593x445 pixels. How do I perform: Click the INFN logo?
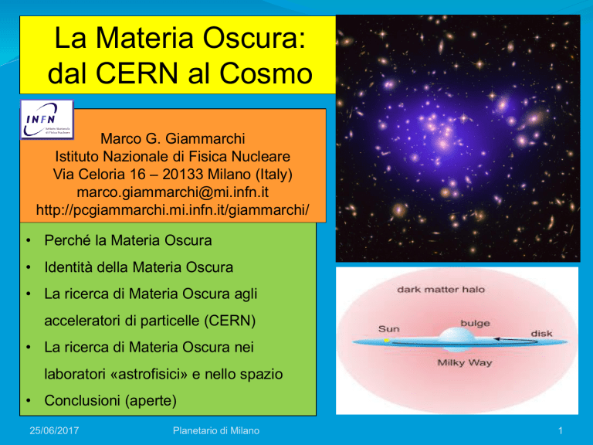click(x=47, y=119)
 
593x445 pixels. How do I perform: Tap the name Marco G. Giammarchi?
click(x=173, y=138)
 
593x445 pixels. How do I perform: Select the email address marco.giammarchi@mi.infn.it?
click(x=172, y=192)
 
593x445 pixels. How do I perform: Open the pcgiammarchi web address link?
click(x=172, y=209)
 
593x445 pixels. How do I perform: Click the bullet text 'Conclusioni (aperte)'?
click(x=110, y=400)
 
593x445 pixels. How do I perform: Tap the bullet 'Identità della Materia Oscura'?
click(x=138, y=267)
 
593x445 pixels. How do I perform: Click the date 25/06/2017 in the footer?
click(x=54, y=430)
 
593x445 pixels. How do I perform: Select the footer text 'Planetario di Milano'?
click(x=216, y=430)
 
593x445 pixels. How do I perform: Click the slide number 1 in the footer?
click(x=561, y=430)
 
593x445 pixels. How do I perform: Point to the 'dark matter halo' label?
click(x=441, y=290)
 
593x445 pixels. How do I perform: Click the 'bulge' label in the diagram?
click(x=475, y=323)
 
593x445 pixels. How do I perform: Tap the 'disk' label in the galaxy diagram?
click(x=541, y=334)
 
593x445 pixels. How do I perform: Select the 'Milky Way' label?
click(x=464, y=362)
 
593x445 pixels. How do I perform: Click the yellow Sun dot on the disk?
click(x=387, y=341)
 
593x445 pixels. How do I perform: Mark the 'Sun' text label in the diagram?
click(x=389, y=329)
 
